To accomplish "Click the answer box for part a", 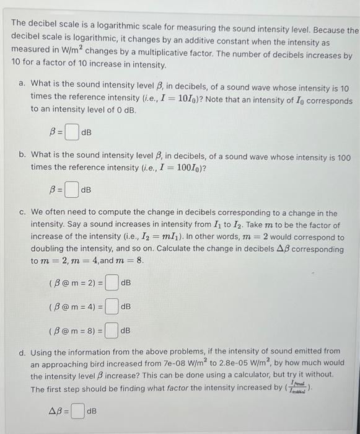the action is [x=72, y=132].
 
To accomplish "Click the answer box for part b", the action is [x=72, y=189].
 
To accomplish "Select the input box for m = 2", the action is [x=112, y=283].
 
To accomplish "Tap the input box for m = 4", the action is [x=112, y=306].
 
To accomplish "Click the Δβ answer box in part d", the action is [x=77, y=410].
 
